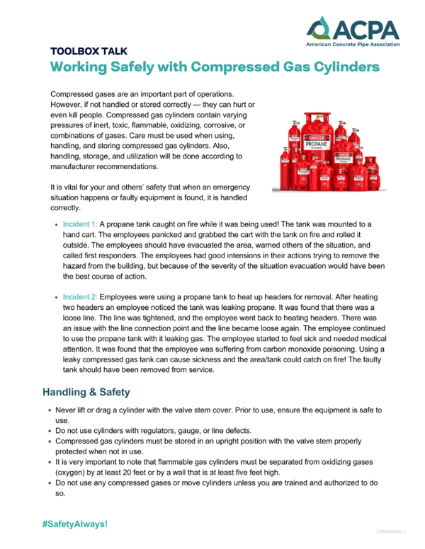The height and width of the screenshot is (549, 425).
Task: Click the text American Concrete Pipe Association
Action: tap(352, 44)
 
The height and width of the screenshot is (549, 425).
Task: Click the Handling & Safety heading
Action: tap(86, 391)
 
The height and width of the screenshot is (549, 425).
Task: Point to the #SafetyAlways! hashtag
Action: tap(75, 524)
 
